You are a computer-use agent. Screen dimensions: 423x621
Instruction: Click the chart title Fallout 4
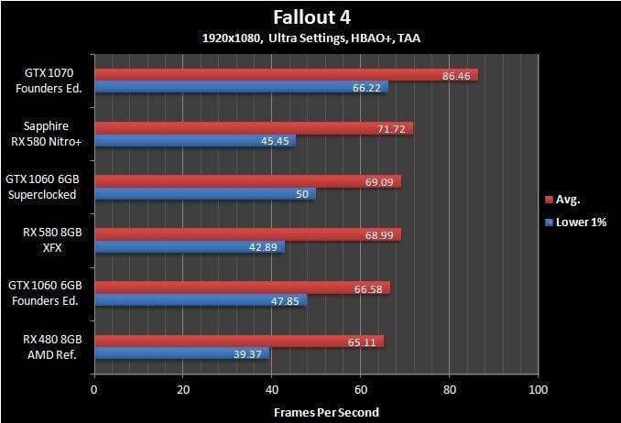coord(311,17)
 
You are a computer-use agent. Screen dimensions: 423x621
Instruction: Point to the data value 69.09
coord(378,182)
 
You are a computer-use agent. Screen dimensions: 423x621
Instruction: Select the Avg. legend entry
coord(569,199)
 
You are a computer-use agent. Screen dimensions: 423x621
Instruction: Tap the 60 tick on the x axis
coord(361,390)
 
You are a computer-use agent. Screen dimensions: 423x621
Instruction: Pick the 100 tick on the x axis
coord(539,390)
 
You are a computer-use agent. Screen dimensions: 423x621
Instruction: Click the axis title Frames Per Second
coord(326,412)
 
